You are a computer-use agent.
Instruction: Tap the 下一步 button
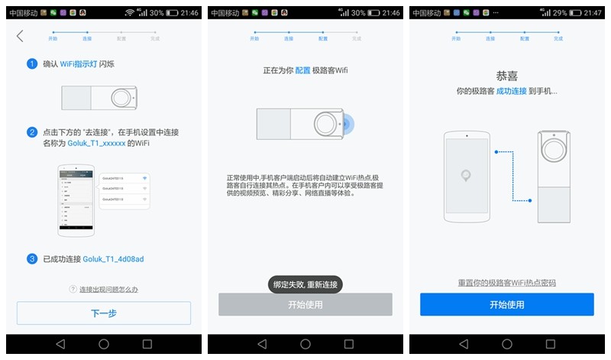pos(103,313)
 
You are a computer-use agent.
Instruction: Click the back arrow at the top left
pos(20,36)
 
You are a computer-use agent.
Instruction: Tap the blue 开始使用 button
pos(506,304)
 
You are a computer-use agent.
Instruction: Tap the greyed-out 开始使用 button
pos(305,304)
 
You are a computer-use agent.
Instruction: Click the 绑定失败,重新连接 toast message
pos(305,284)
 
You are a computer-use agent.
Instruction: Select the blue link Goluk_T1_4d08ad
pos(113,259)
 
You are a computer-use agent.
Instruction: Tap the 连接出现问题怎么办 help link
pos(108,290)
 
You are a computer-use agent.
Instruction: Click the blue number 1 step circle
pos(32,64)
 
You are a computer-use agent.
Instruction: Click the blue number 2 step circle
pos(32,132)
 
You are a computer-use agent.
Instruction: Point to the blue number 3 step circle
pos(32,259)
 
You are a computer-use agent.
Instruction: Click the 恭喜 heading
pos(506,76)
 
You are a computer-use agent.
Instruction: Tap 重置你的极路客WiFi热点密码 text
pos(506,283)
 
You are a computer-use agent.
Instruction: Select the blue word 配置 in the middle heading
pos(303,70)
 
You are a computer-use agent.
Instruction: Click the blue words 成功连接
pos(511,91)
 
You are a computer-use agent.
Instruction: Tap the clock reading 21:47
pos(593,13)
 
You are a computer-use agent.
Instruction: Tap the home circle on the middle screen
pos(305,345)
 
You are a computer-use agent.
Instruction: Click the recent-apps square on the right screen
pos(550,345)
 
